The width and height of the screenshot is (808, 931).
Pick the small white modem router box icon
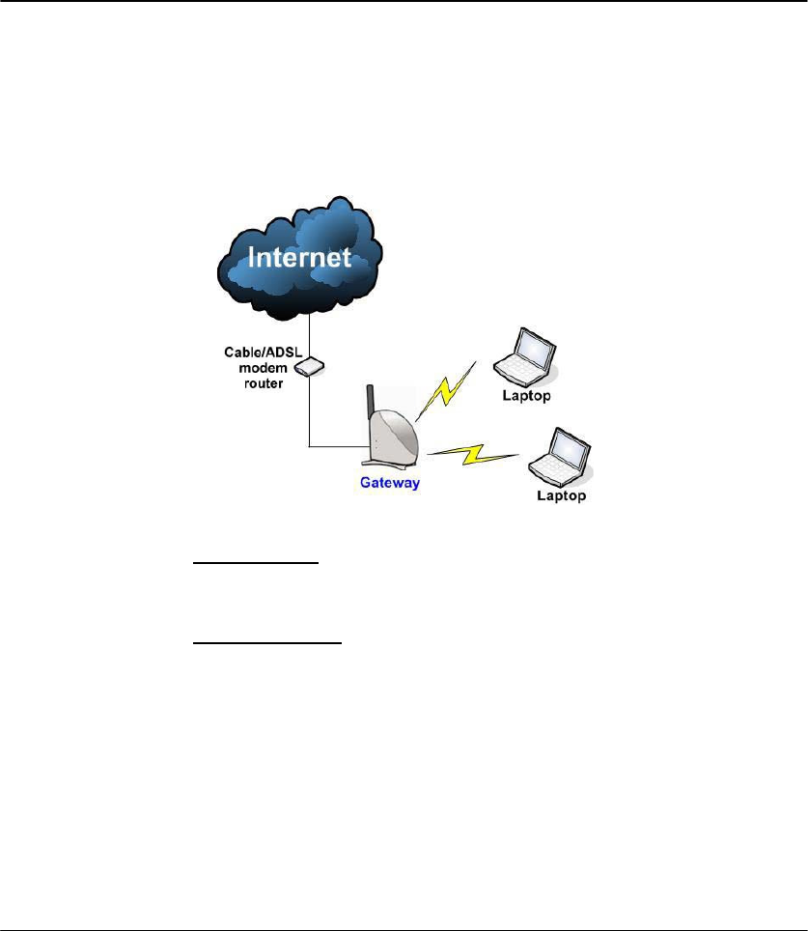(x=310, y=368)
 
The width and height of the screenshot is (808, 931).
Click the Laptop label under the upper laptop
(x=526, y=396)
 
